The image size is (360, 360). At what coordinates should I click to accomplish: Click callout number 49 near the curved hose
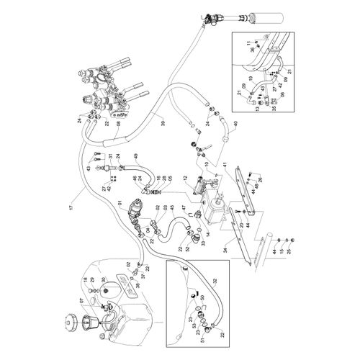[135, 156]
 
